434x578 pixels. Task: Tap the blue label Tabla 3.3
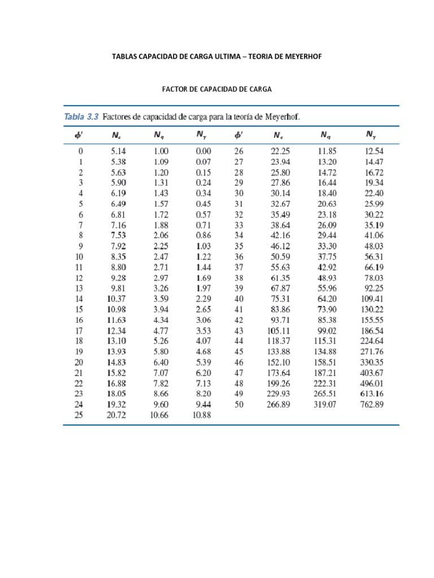click(81, 117)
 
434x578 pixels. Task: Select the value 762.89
click(371, 404)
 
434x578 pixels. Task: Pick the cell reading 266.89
click(277, 404)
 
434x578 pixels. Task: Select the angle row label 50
click(238, 404)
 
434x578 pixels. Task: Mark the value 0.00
click(203, 151)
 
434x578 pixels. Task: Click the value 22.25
click(280, 151)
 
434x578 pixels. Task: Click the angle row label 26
click(238, 151)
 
